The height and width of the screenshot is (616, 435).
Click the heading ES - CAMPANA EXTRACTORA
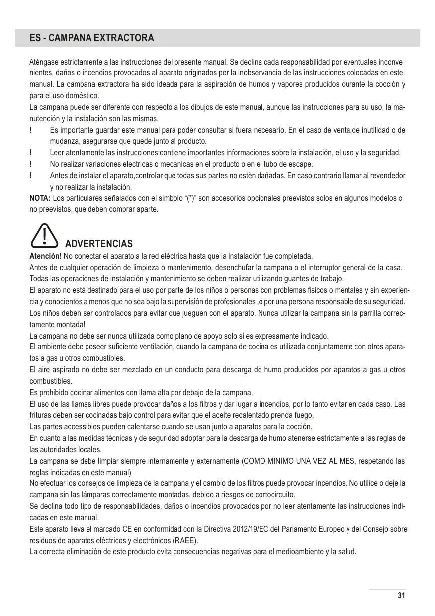[x=85, y=38]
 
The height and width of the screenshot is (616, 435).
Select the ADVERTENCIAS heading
[x=99, y=244]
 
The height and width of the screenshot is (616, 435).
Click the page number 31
[x=402, y=596]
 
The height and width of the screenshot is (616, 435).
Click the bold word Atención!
[x=46, y=256]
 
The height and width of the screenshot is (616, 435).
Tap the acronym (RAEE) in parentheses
[x=184, y=541]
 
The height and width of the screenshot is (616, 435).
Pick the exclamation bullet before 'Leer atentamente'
[x=31, y=153]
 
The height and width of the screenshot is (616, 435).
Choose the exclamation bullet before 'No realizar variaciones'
[x=31, y=164]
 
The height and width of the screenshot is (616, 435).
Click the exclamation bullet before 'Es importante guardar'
[x=31, y=130]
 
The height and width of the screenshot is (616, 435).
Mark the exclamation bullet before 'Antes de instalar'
[x=31, y=176]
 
